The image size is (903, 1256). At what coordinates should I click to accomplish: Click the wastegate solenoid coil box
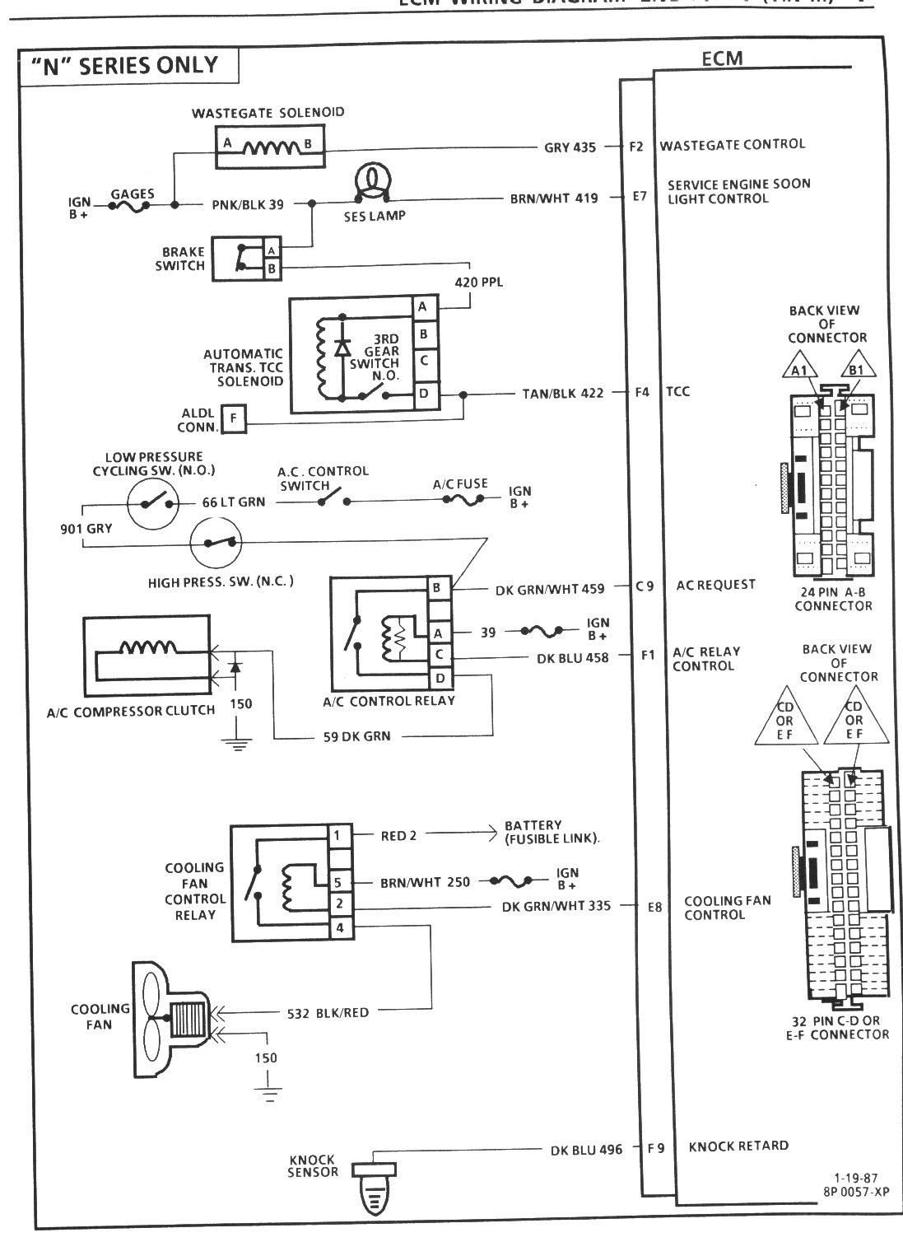[268, 148]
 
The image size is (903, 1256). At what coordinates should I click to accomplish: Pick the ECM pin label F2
[635, 147]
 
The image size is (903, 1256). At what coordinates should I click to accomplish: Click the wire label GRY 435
[570, 147]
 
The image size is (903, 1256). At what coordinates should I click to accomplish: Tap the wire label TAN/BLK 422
[562, 393]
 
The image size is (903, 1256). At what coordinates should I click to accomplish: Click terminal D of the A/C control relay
[440, 677]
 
